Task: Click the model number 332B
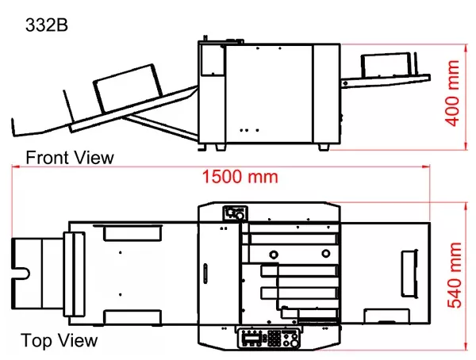tap(47, 25)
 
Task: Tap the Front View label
tap(70, 158)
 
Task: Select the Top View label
tap(59, 341)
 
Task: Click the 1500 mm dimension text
tap(240, 177)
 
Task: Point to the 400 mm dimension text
tap(452, 93)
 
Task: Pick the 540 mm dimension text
tap(455, 275)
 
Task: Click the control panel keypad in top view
tap(274, 339)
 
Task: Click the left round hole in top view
tap(274, 255)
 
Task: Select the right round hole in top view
tap(326, 253)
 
